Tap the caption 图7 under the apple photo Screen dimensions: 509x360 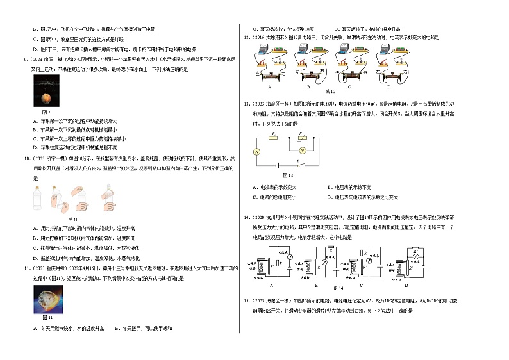[37, 113]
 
